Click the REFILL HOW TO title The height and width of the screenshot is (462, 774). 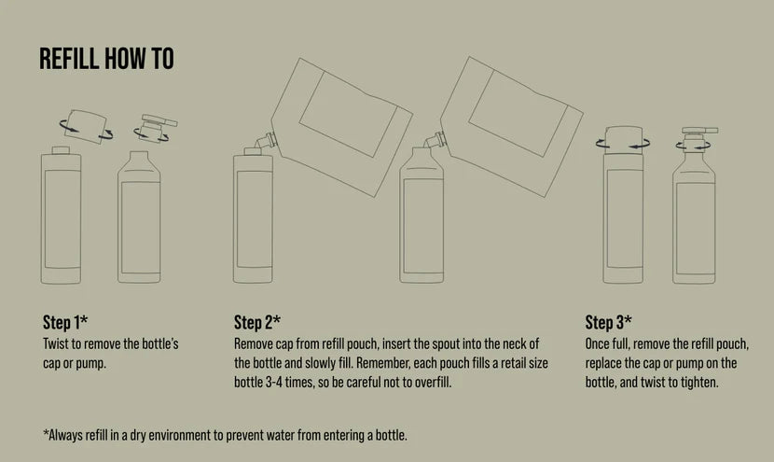click(x=106, y=58)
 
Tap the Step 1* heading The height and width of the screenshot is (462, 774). click(x=65, y=322)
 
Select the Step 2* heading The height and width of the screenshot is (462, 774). click(x=257, y=322)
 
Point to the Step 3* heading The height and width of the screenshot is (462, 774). click(x=608, y=322)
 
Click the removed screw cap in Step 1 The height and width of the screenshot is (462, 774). click(x=86, y=127)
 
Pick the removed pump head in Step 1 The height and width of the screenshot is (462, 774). click(x=157, y=127)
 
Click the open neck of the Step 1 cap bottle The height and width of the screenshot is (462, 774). click(x=61, y=150)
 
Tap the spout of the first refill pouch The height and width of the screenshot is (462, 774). click(x=265, y=141)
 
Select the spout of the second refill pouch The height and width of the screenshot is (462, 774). click(x=435, y=141)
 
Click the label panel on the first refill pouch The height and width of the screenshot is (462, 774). click(x=349, y=114)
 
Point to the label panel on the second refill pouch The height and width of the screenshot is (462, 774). click(x=518, y=114)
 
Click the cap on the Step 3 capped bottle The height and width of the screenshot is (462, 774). click(x=624, y=137)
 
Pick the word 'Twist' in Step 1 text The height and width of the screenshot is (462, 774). click(x=54, y=343)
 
